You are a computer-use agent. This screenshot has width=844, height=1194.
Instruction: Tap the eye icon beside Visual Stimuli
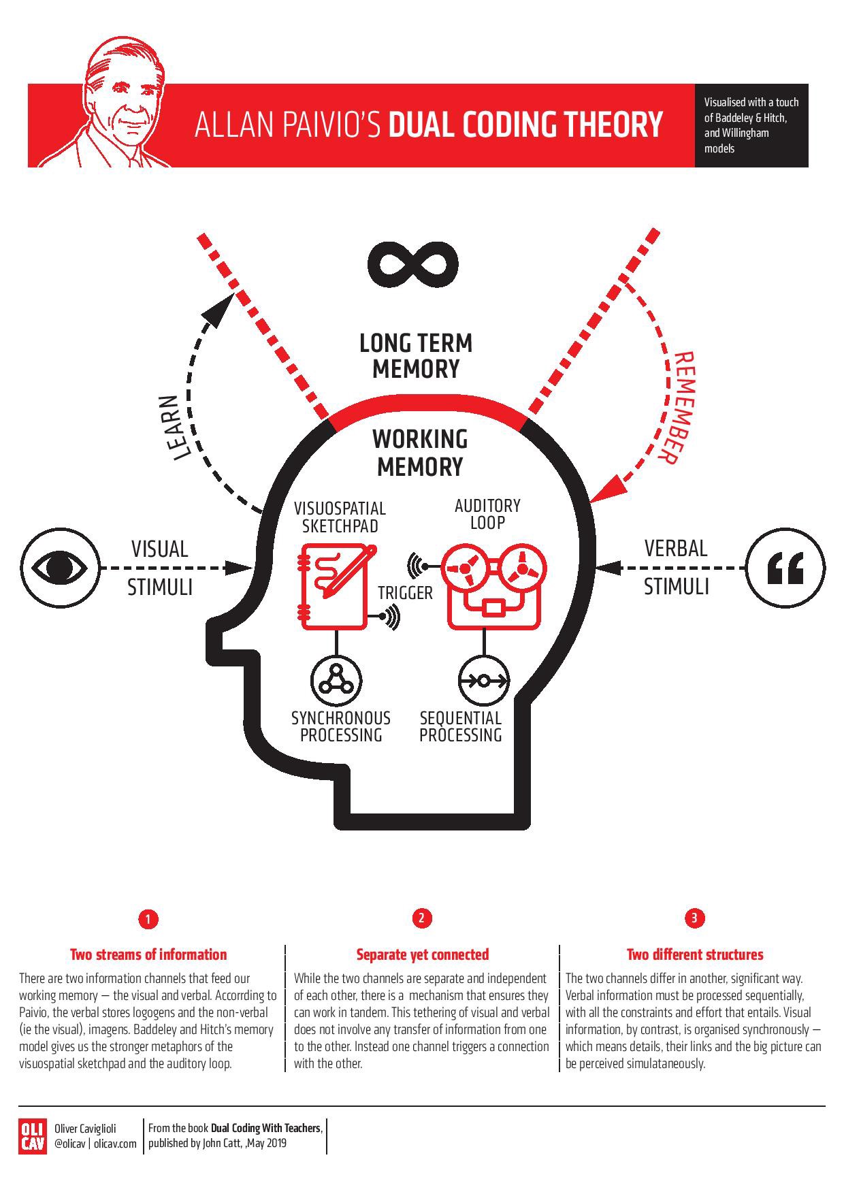pyautogui.click(x=60, y=566)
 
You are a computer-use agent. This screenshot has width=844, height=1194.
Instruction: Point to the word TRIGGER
pyautogui.click(x=406, y=593)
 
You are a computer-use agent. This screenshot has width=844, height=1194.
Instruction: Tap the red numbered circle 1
pyautogui.click(x=148, y=919)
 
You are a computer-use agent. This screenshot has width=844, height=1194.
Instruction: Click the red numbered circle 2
pyautogui.click(x=422, y=918)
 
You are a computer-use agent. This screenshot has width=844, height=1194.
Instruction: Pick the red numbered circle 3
pyautogui.click(x=694, y=918)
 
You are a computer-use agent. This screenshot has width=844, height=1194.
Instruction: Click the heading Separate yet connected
pyautogui.click(x=422, y=954)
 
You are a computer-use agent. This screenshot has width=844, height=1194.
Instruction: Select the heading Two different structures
pyautogui.click(x=694, y=954)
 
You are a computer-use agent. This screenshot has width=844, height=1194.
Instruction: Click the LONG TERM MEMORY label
pyautogui.click(x=416, y=355)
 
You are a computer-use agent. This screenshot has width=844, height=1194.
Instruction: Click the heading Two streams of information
pyautogui.click(x=148, y=954)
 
